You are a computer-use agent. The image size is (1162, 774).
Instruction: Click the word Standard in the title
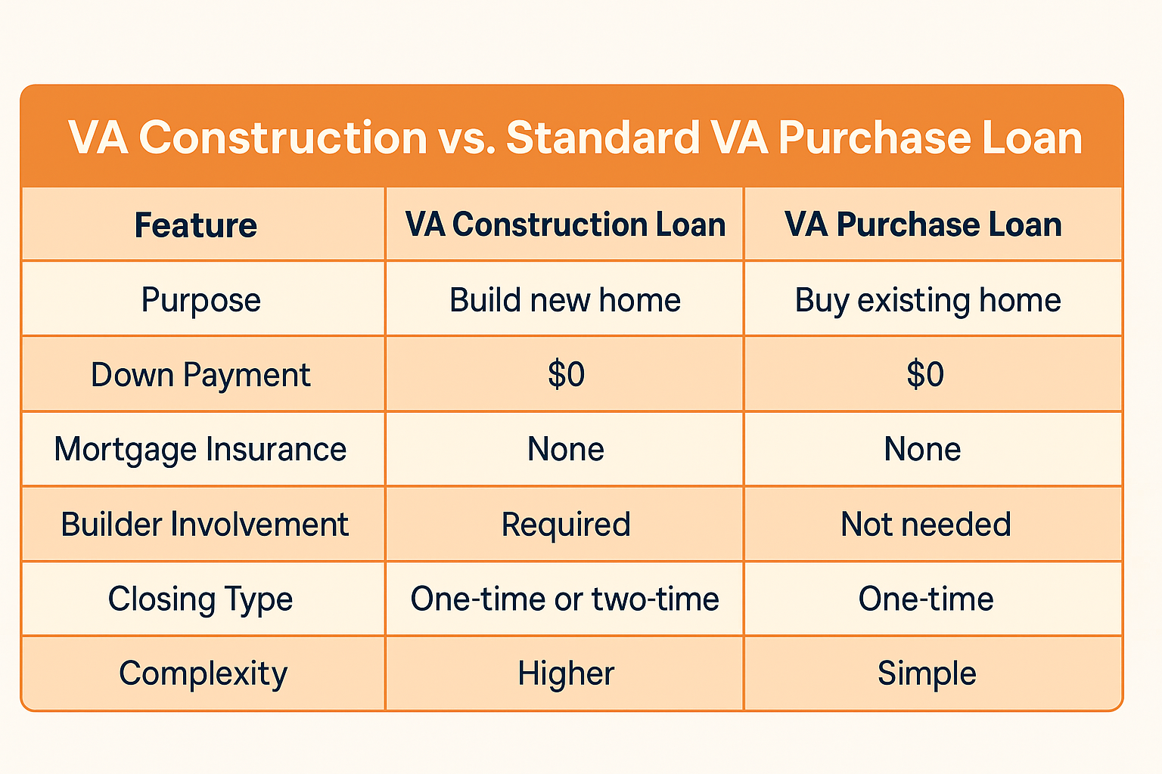(x=603, y=138)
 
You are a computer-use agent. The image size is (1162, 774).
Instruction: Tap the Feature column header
(x=196, y=225)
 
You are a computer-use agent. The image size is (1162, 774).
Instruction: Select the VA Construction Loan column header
(x=565, y=224)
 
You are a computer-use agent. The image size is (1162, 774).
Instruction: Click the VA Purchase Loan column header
(x=924, y=224)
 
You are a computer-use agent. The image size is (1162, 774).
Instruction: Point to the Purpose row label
(x=200, y=300)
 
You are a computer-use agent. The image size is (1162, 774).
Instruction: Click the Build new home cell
(x=565, y=299)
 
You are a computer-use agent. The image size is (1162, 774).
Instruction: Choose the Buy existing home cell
(x=928, y=300)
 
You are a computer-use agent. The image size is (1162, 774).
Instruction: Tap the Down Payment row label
(x=200, y=375)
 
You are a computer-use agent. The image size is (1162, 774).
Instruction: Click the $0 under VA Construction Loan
(x=566, y=374)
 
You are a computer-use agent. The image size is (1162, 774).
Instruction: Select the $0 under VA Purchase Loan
(x=925, y=374)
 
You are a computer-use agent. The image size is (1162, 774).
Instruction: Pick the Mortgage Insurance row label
(x=200, y=449)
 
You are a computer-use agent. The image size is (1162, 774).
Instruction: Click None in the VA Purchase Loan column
(x=922, y=449)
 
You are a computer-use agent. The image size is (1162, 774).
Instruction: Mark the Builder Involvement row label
(x=205, y=524)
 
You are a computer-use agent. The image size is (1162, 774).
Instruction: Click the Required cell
(x=566, y=525)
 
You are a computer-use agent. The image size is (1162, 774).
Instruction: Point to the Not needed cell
(x=926, y=524)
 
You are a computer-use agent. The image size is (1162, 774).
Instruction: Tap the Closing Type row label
(x=200, y=599)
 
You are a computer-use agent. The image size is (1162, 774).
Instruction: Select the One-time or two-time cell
(x=565, y=599)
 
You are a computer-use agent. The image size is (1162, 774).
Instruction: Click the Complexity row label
(x=203, y=674)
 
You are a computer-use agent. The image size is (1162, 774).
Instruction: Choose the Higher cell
(x=566, y=674)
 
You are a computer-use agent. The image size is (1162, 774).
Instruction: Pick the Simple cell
(x=927, y=674)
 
